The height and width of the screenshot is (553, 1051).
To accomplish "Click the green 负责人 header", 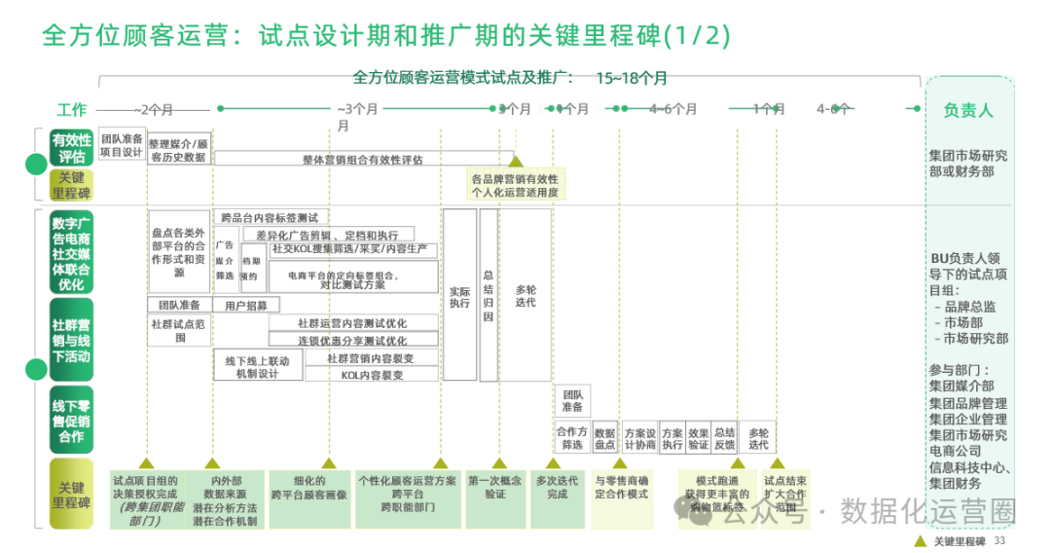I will tap(968, 110).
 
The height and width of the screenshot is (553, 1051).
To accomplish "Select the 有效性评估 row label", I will tap(72, 148).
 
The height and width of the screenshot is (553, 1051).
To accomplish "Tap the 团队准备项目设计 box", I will tap(122, 145).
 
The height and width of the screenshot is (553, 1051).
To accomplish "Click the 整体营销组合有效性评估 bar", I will tap(362, 159).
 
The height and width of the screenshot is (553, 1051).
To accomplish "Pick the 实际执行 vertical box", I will tap(459, 296).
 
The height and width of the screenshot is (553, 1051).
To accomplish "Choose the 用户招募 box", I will tap(245, 305).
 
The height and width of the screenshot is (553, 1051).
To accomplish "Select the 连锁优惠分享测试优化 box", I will tap(352, 341).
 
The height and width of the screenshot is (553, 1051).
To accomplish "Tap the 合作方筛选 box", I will tap(571, 437).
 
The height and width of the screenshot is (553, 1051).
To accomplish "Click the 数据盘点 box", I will tap(604, 437).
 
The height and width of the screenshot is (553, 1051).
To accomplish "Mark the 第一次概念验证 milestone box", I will tap(494, 487).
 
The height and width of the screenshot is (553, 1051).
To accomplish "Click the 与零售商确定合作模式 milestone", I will tap(622, 487).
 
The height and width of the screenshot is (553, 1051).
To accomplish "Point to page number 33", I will tap(999, 540).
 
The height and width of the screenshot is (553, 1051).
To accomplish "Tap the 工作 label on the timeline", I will tap(72, 109).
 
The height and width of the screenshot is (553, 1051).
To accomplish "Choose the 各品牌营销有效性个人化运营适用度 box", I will tap(515, 185).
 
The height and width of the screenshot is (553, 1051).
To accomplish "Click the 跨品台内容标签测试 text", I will tap(270, 217).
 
